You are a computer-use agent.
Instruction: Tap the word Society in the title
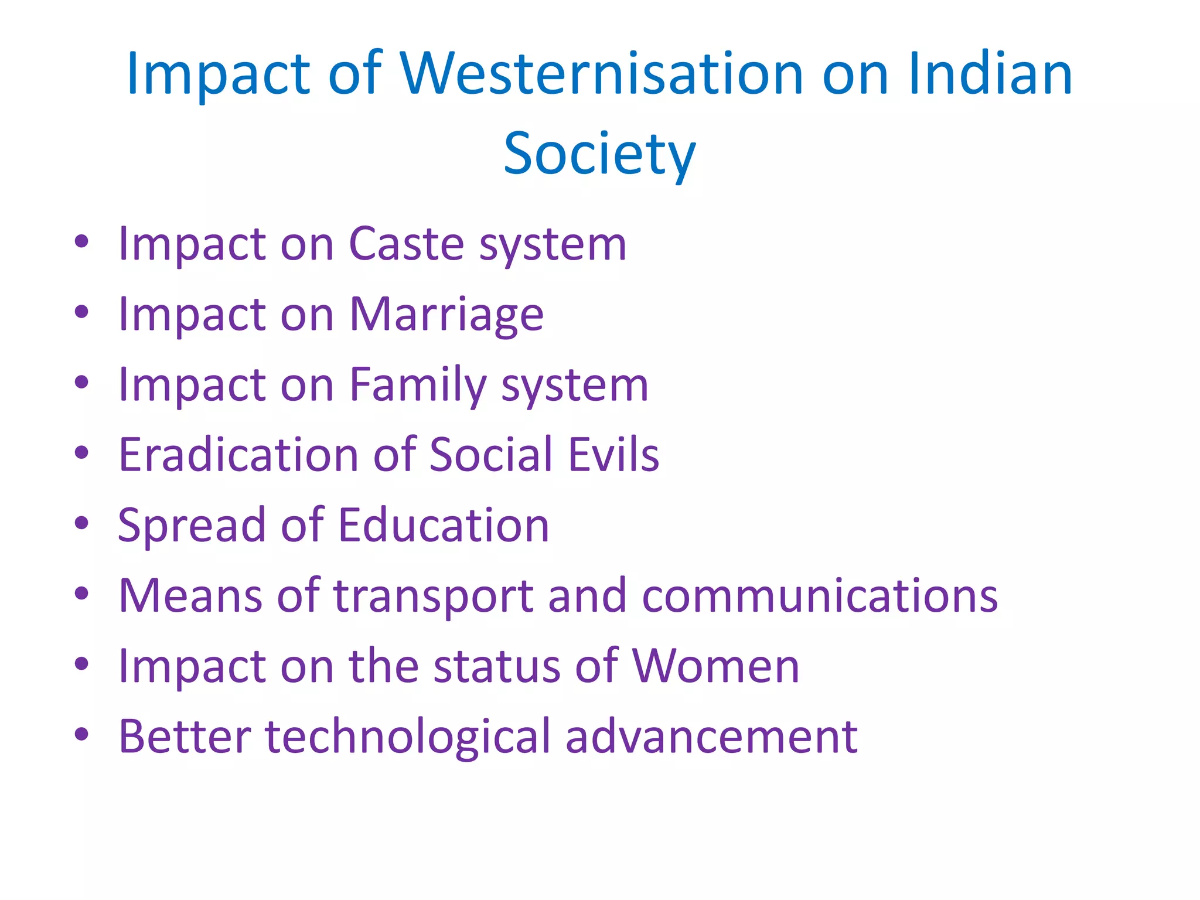tap(599, 154)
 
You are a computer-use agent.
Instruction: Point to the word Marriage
tap(446, 315)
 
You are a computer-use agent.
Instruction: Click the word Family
tap(418, 385)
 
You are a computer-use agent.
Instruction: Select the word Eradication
tap(238, 455)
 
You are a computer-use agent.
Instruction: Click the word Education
tap(444, 525)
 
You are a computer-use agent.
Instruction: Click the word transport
tap(434, 596)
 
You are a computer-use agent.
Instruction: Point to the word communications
tap(820, 595)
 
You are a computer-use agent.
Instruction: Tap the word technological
tap(408, 737)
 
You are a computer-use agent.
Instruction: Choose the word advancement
tap(711, 737)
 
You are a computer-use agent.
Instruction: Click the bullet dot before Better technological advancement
tap(81, 734)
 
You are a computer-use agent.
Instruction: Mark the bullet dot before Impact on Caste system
tap(81, 241)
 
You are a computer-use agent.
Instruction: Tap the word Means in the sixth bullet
tap(190, 595)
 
